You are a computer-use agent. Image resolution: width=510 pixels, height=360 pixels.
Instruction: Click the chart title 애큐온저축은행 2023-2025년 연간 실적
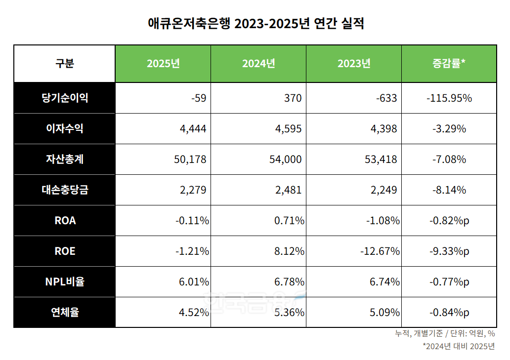pyautogui.click(x=255, y=23)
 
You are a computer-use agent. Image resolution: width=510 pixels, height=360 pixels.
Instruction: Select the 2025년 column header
pyautogui.click(x=163, y=64)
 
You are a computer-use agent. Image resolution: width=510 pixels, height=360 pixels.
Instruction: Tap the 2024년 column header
pyautogui.click(x=258, y=64)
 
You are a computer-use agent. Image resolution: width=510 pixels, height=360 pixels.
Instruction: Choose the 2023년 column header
pyautogui.click(x=354, y=64)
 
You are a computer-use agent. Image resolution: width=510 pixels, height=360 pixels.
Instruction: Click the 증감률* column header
pyautogui.click(x=449, y=64)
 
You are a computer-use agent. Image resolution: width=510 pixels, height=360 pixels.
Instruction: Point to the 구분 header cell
pyautogui.click(x=65, y=64)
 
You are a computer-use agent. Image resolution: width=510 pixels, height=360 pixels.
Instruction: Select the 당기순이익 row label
pyautogui.click(x=65, y=98)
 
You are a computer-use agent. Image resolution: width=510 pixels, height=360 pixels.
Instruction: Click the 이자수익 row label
pyautogui.click(x=65, y=128)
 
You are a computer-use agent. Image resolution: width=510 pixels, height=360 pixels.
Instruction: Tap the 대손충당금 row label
pyautogui.click(x=65, y=190)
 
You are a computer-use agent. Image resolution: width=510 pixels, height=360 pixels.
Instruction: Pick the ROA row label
pyautogui.click(x=65, y=220)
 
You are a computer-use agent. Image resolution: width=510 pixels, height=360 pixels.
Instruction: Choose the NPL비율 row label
pyautogui.click(x=65, y=281)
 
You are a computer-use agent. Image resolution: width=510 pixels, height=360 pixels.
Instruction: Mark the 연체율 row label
pyautogui.click(x=65, y=312)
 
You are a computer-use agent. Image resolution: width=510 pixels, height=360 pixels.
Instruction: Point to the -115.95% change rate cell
pyautogui.click(x=449, y=98)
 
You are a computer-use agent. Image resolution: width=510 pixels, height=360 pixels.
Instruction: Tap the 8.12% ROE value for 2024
pyautogui.click(x=289, y=251)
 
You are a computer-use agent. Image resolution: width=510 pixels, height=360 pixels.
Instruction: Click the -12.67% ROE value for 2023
pyautogui.click(x=380, y=251)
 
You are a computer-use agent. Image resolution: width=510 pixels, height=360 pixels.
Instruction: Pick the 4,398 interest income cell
pyautogui.click(x=382, y=128)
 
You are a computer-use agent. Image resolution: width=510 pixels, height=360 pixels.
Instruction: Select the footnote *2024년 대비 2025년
pyautogui.click(x=459, y=346)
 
